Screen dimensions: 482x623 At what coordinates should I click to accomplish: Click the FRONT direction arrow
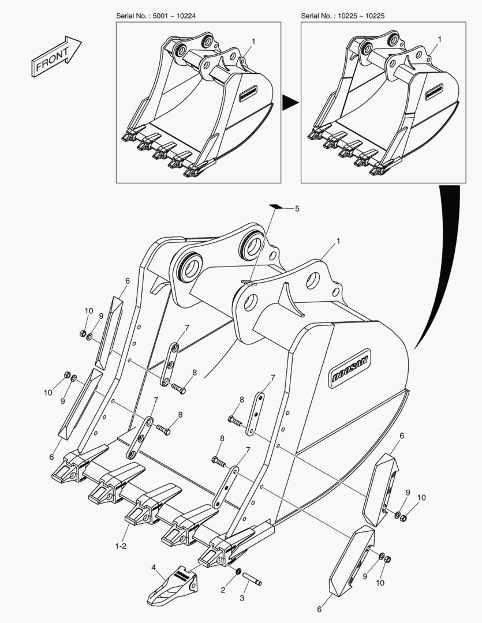pyautogui.click(x=56, y=56)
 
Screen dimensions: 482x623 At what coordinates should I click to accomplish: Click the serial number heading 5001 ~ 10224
pyautogui.click(x=156, y=16)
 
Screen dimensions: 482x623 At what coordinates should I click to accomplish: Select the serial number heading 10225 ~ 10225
pyautogui.click(x=343, y=16)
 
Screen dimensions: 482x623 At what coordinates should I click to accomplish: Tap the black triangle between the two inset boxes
pyautogui.click(x=290, y=103)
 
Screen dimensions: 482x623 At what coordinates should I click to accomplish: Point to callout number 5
pyautogui.click(x=297, y=209)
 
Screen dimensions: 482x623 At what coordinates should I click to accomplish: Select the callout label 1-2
pyautogui.click(x=121, y=546)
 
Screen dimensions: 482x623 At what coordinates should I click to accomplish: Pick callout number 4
pyautogui.click(x=154, y=568)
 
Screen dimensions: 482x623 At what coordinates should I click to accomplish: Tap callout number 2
pyautogui.click(x=223, y=590)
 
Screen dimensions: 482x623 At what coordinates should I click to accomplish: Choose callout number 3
pyautogui.click(x=242, y=598)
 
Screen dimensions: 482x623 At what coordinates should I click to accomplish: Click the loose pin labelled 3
pyautogui.click(x=252, y=577)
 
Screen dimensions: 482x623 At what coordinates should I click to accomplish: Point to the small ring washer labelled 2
pyautogui.click(x=238, y=572)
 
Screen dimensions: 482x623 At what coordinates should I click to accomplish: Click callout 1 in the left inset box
pyautogui.click(x=253, y=42)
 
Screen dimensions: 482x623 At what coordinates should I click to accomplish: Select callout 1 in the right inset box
pyautogui.click(x=439, y=39)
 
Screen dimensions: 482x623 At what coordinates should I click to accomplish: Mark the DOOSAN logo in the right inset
pyautogui.click(x=435, y=91)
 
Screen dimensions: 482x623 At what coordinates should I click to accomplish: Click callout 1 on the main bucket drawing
pyautogui.click(x=338, y=241)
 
